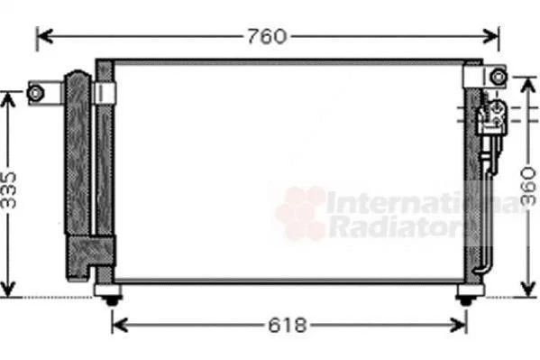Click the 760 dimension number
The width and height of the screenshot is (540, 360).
point(267,37)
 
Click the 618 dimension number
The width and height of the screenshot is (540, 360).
point(288,325)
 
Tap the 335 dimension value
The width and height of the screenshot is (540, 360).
point(8,190)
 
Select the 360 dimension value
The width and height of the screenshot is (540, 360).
point(528,187)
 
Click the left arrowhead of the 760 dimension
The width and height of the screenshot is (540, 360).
point(44,36)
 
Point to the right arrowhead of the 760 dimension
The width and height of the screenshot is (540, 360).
point(490,36)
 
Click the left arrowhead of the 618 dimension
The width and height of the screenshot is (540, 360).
point(120,325)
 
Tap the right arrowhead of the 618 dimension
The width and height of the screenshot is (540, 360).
point(459,325)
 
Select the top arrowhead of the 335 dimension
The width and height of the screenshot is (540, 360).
point(7,100)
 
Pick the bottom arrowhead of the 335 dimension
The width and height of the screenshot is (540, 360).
point(7,289)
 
